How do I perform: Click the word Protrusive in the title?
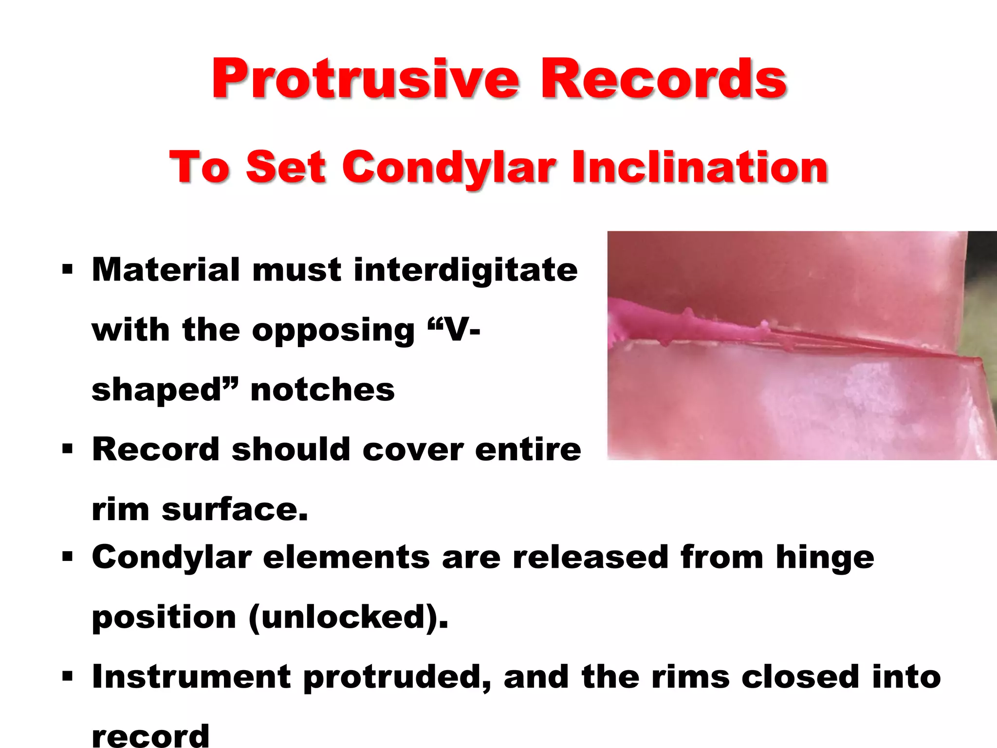pyautogui.click(x=365, y=79)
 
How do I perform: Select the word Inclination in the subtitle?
pyautogui.click(x=700, y=167)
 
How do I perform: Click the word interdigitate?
pyautogui.click(x=465, y=270)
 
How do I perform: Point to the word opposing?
pyautogui.click(x=333, y=330)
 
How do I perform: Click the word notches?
pyautogui.click(x=322, y=390)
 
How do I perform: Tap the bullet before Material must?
pyautogui.click(x=67, y=269)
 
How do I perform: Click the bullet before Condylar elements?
pyautogui.click(x=67, y=556)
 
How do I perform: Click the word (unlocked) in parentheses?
pyautogui.click(x=348, y=617)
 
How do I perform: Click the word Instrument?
pyautogui.click(x=192, y=677)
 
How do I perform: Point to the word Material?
pyautogui.click(x=166, y=270)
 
